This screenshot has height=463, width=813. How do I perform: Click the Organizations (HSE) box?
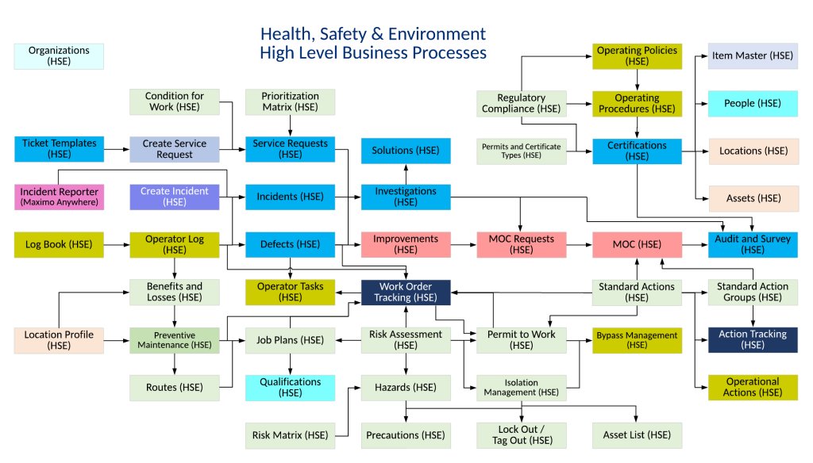coord(59,55)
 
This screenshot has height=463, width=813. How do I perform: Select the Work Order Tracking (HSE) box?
coord(406,293)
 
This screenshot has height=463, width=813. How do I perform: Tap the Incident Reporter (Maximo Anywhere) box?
coord(59,197)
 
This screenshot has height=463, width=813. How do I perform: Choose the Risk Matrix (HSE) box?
coord(290,435)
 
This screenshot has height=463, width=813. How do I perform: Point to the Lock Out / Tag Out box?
coord(522,435)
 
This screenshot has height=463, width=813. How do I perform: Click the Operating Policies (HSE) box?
coord(637,55)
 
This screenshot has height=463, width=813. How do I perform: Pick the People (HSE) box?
coord(753,103)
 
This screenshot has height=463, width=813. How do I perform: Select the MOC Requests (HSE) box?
coord(522,245)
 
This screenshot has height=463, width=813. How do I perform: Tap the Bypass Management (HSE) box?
coord(637,340)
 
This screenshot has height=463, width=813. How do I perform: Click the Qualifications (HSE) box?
coord(290,388)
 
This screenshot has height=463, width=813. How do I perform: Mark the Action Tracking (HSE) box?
coord(753,340)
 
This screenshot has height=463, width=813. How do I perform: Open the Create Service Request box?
coord(174,150)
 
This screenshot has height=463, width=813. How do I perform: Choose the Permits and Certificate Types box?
coord(522,150)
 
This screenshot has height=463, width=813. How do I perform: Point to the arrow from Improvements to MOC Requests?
coord(464,245)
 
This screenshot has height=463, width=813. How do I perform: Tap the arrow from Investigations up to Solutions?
coord(406,174)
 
